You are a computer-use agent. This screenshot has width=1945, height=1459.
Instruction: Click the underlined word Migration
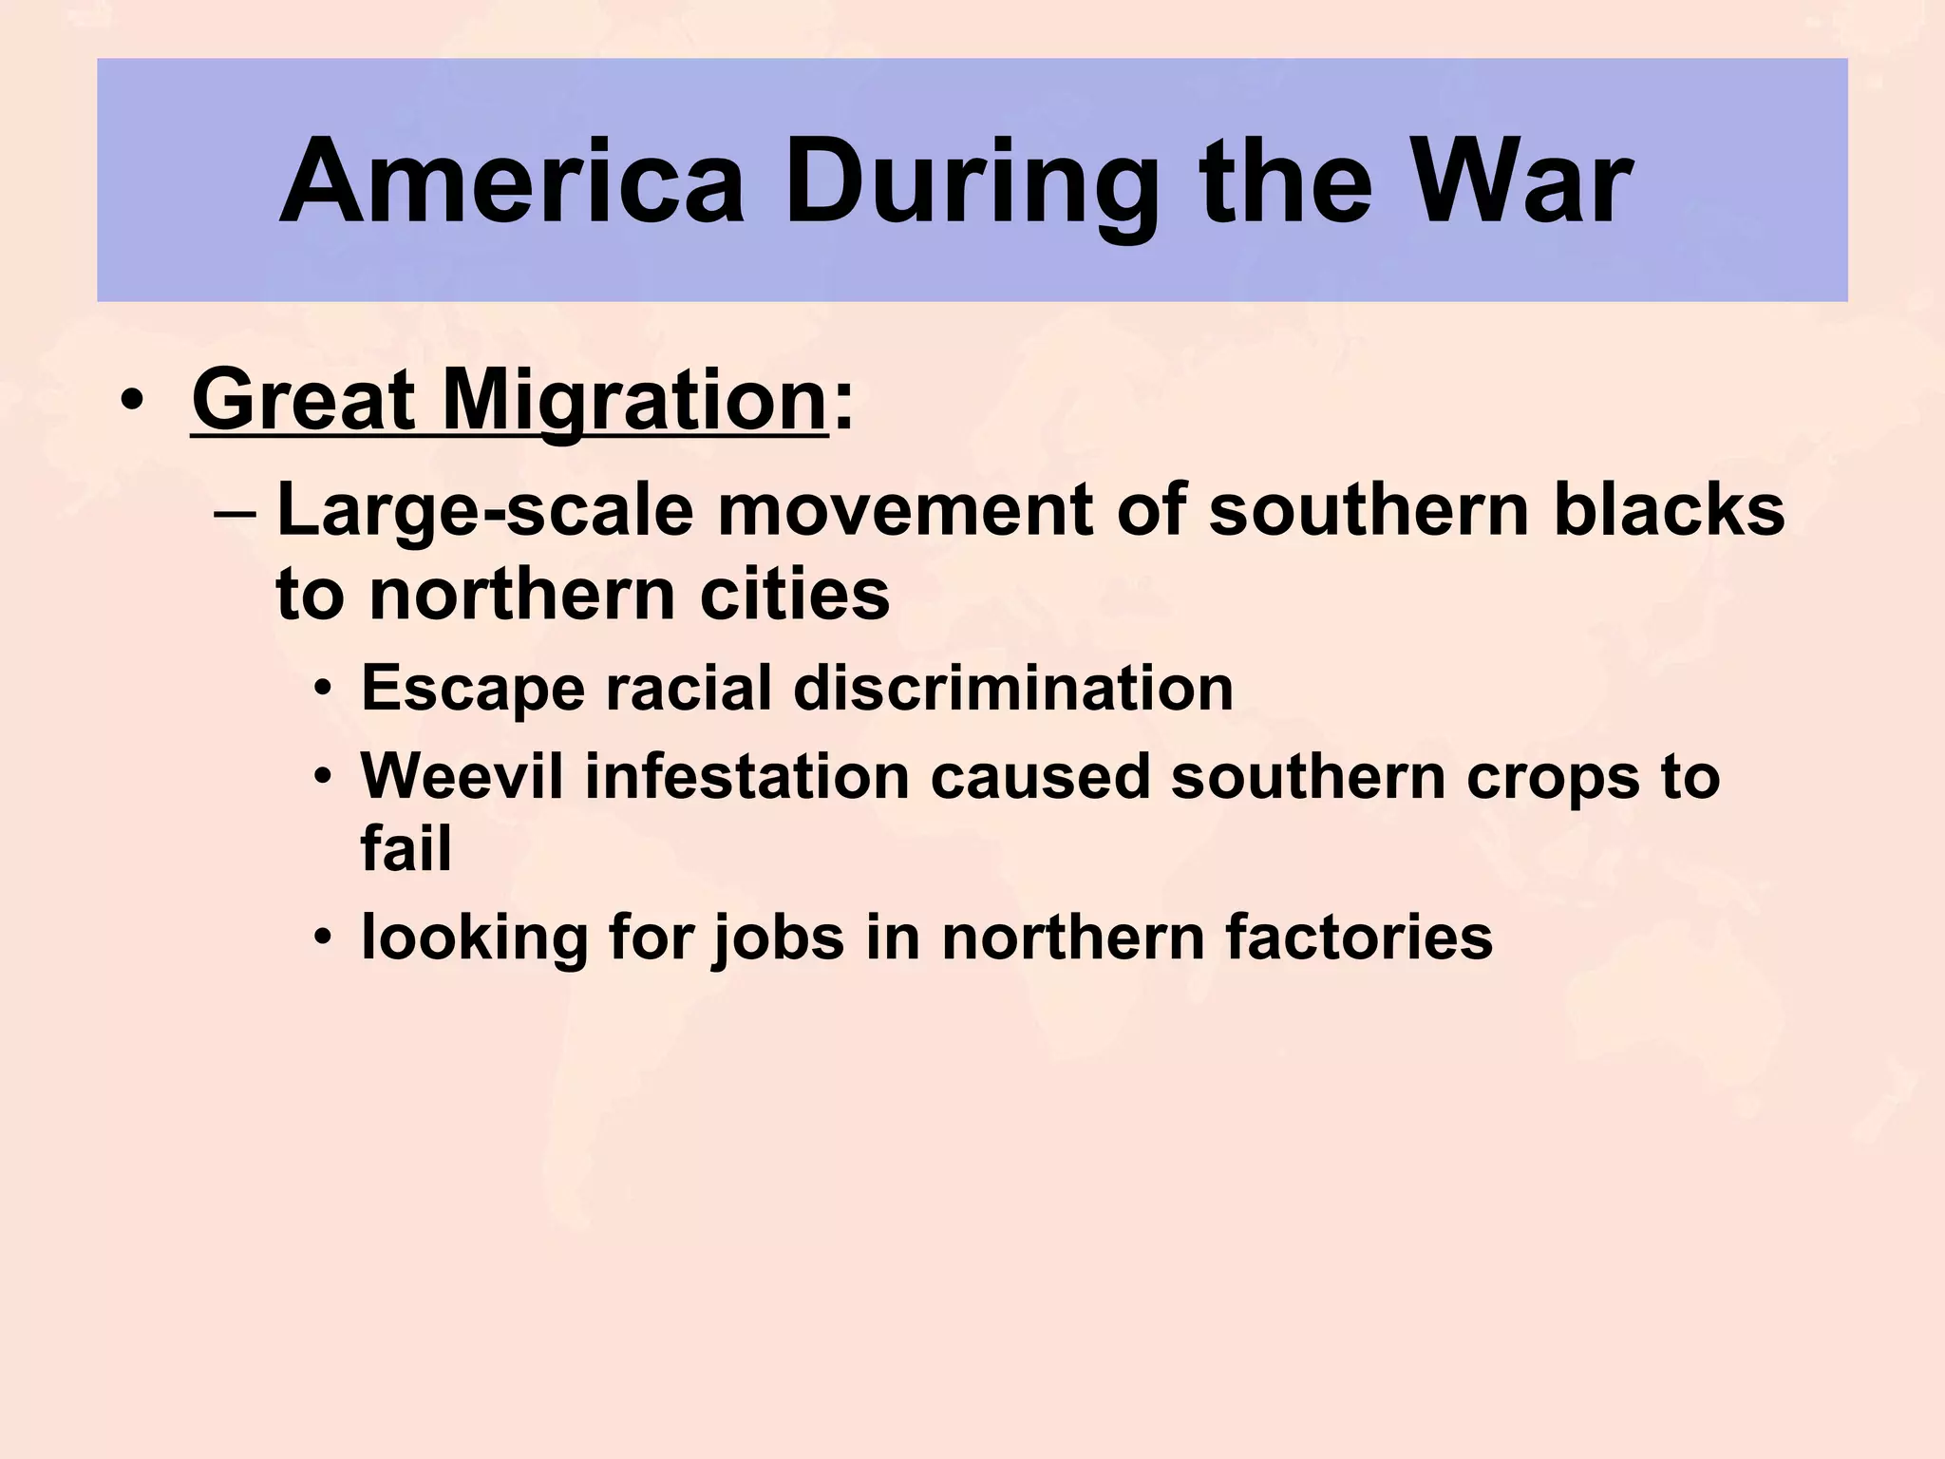[x=634, y=402]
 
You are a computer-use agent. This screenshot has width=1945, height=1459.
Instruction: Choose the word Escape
[x=473, y=689]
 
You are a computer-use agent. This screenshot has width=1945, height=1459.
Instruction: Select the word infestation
[x=746, y=776]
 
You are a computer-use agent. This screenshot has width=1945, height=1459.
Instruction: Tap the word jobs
[x=779, y=938]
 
